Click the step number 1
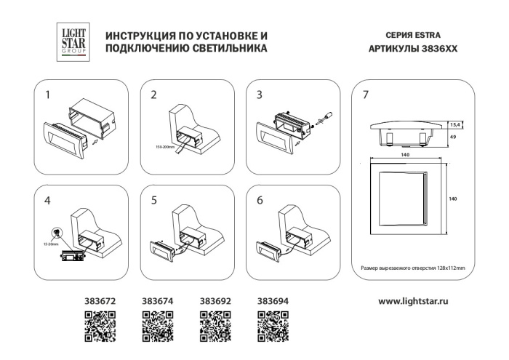click(x=49, y=95)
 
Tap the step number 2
click(x=153, y=95)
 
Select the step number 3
click(x=259, y=95)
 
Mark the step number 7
click(x=365, y=95)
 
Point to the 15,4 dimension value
click(x=454, y=124)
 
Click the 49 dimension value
click(x=452, y=136)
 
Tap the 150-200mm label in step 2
click(x=167, y=148)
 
